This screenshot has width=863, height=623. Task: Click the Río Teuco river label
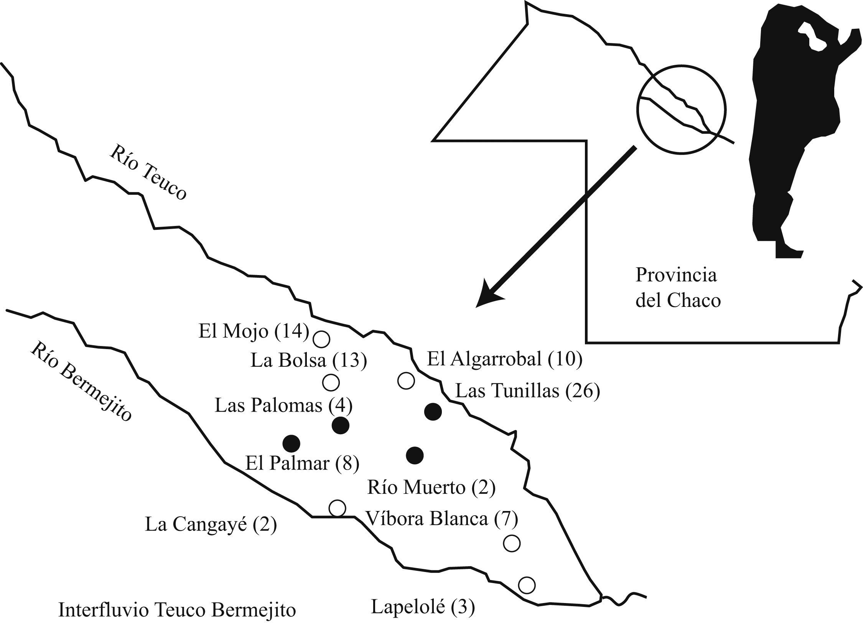(148, 173)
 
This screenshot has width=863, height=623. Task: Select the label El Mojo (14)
(254, 331)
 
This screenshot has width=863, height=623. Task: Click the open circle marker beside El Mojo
(321, 339)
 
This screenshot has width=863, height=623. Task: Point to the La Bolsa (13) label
(308, 360)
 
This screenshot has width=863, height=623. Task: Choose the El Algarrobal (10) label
(504, 359)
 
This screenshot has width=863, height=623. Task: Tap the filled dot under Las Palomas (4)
(340, 425)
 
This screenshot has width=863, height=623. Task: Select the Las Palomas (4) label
(283, 405)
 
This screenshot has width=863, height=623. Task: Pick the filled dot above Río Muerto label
(415, 455)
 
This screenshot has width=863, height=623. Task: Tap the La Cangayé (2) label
(211, 525)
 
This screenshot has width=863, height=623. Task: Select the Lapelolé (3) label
(423, 607)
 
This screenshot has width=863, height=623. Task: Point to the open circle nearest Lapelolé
(527, 585)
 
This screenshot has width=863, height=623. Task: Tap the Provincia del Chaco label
(677, 288)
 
